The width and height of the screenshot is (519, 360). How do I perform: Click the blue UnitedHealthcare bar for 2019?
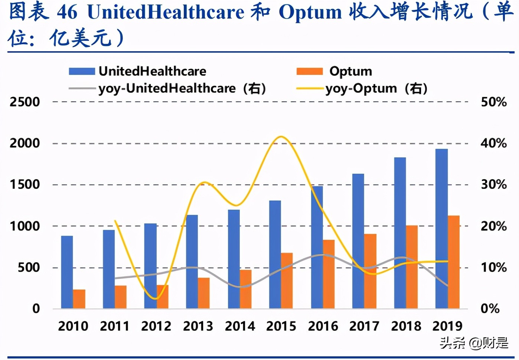tap(441, 228)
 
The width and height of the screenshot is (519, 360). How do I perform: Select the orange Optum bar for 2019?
tap(453, 262)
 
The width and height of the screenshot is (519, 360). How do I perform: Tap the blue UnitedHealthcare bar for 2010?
tap(67, 272)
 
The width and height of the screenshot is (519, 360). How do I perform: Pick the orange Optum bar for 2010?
tap(79, 299)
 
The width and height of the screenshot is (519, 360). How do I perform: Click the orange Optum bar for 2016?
tap(329, 274)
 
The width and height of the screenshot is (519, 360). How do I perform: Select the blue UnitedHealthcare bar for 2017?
tap(358, 241)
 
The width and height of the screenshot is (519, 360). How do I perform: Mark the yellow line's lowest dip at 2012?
tap(156, 298)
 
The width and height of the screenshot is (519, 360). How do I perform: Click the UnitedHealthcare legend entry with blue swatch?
tap(137, 71)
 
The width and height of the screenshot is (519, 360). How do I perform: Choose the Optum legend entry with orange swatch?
tap(334, 71)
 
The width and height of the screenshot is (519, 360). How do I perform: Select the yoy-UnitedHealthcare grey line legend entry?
tap(167, 89)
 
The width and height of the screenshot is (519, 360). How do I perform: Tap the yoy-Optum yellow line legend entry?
tap(362, 89)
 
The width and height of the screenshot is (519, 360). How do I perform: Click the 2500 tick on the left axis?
tap(25, 102)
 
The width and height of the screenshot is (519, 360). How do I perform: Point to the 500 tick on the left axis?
tap(29, 268)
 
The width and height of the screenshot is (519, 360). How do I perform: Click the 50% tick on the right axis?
tap(493, 102)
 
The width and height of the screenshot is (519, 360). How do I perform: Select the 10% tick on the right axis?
tap(493, 268)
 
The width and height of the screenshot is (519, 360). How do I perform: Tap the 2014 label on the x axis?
tap(240, 326)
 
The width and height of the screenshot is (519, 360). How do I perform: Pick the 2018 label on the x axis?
tap(406, 326)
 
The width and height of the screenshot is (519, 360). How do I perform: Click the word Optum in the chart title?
tap(310, 12)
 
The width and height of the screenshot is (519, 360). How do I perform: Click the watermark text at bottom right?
tap(474, 343)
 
